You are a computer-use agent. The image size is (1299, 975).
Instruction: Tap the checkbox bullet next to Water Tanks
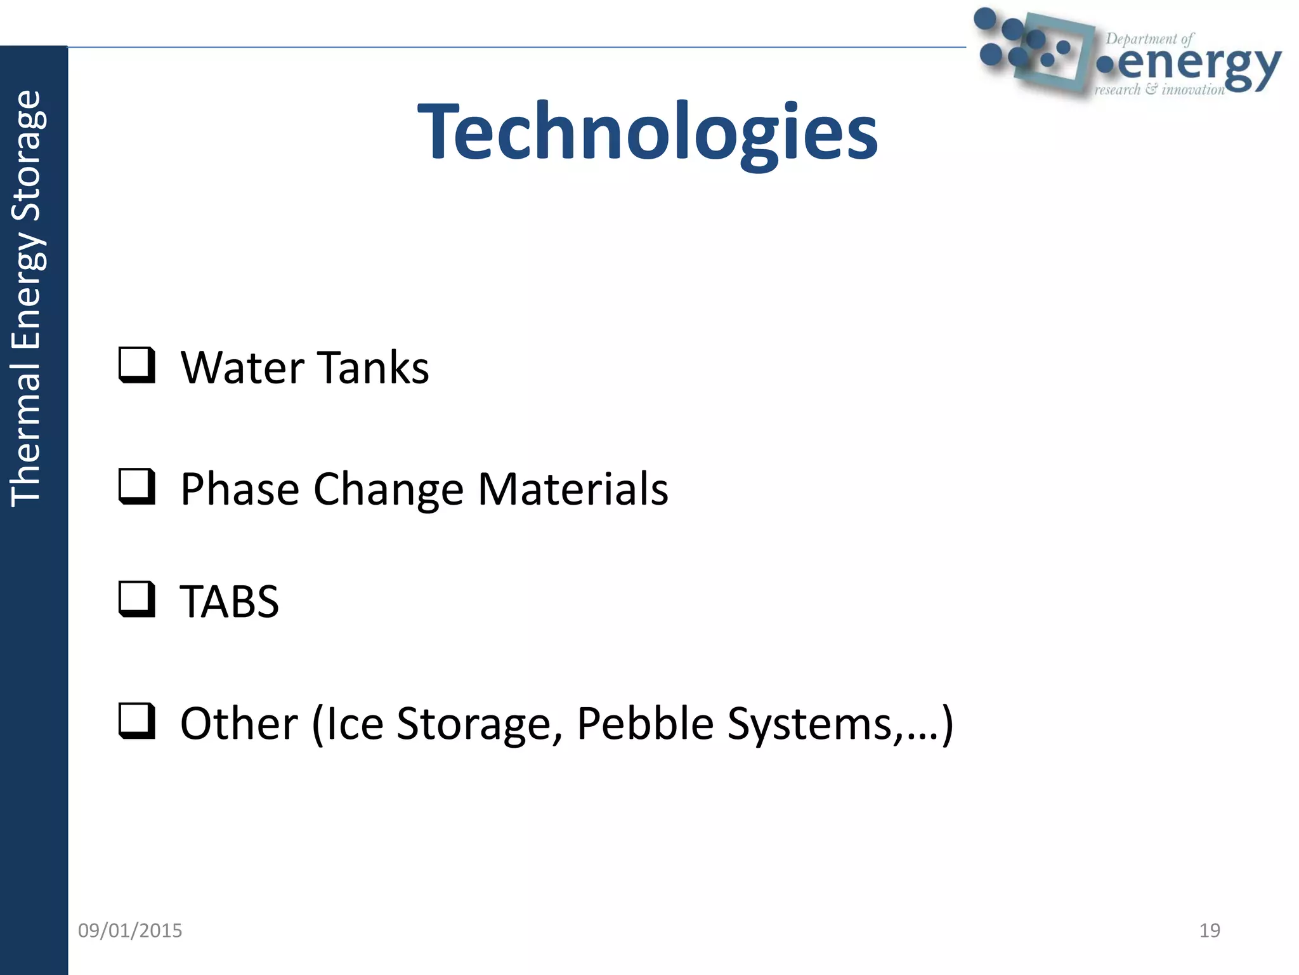tap(136, 365)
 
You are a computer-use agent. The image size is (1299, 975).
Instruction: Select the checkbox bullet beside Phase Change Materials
tap(136, 486)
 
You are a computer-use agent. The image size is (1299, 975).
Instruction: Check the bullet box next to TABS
tap(136, 599)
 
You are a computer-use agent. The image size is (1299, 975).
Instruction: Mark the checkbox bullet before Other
tap(136, 721)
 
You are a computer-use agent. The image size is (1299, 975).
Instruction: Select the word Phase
tap(240, 489)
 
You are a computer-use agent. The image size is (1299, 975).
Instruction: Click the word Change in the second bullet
tap(388, 489)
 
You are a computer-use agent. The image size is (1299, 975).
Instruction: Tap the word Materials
tap(573, 489)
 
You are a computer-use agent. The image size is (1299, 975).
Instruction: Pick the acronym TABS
tap(230, 602)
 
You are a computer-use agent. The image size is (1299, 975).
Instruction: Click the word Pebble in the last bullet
tap(645, 724)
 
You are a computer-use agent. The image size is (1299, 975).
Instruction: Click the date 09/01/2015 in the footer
tap(130, 931)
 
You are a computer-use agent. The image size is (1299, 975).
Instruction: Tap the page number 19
tap(1210, 931)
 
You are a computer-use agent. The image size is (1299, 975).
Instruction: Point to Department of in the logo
tap(1149, 39)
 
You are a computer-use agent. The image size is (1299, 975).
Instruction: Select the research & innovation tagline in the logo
tap(1159, 90)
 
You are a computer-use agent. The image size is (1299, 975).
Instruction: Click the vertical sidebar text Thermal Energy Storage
tap(27, 298)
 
